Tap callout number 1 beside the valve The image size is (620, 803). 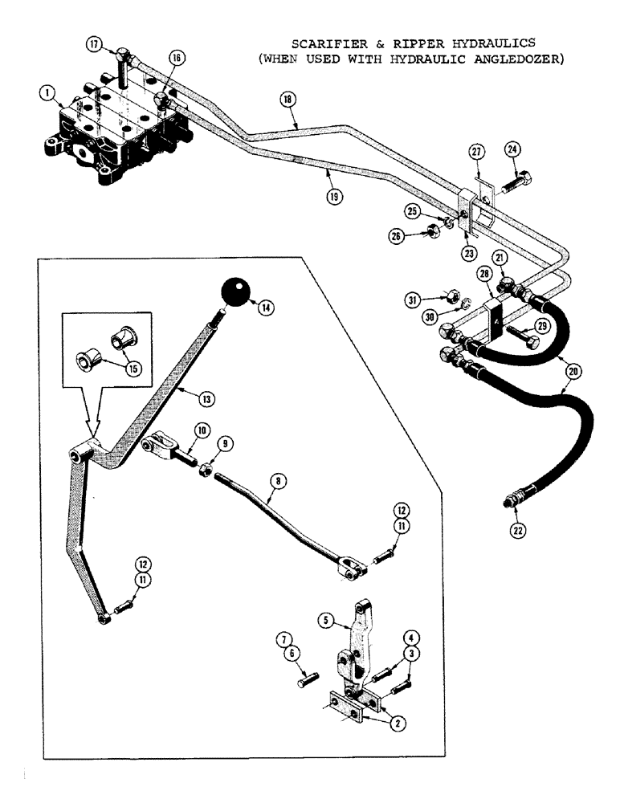[49, 95]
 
